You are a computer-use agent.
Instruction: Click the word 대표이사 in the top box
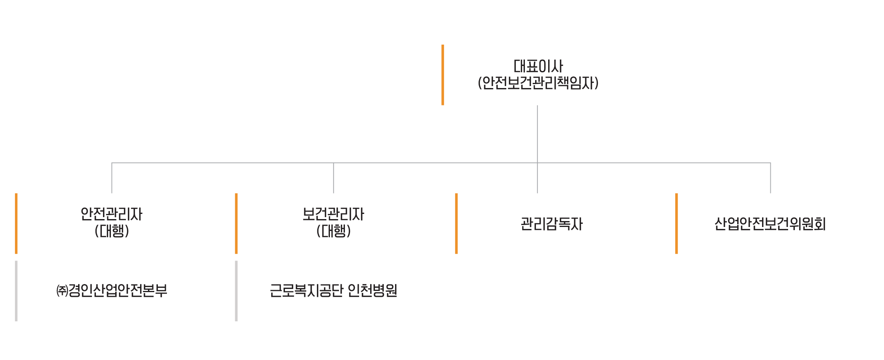click(x=538, y=66)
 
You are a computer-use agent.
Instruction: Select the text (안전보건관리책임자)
click(x=538, y=83)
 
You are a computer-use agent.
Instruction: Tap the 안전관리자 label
click(x=112, y=214)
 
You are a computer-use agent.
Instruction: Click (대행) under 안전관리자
click(x=112, y=231)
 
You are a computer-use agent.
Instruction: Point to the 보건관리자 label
click(x=333, y=214)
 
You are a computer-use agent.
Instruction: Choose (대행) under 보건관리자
click(x=333, y=231)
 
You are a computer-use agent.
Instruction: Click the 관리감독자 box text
click(x=552, y=224)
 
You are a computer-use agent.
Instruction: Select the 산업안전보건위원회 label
click(x=770, y=224)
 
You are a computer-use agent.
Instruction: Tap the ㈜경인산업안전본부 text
click(x=112, y=291)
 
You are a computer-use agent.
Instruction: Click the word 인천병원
click(x=373, y=291)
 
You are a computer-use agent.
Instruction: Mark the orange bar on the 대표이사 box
click(x=443, y=75)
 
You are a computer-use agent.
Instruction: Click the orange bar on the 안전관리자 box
click(x=16, y=223)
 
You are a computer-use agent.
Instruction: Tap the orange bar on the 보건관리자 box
click(x=236, y=223)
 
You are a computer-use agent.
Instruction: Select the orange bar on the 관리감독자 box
click(x=456, y=223)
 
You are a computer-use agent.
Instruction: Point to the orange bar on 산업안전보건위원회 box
click(x=676, y=223)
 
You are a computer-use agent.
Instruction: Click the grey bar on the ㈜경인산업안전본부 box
click(x=16, y=291)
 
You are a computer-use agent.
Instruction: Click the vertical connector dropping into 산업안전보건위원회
click(x=770, y=178)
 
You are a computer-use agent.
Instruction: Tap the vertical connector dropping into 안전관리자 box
click(x=112, y=178)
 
